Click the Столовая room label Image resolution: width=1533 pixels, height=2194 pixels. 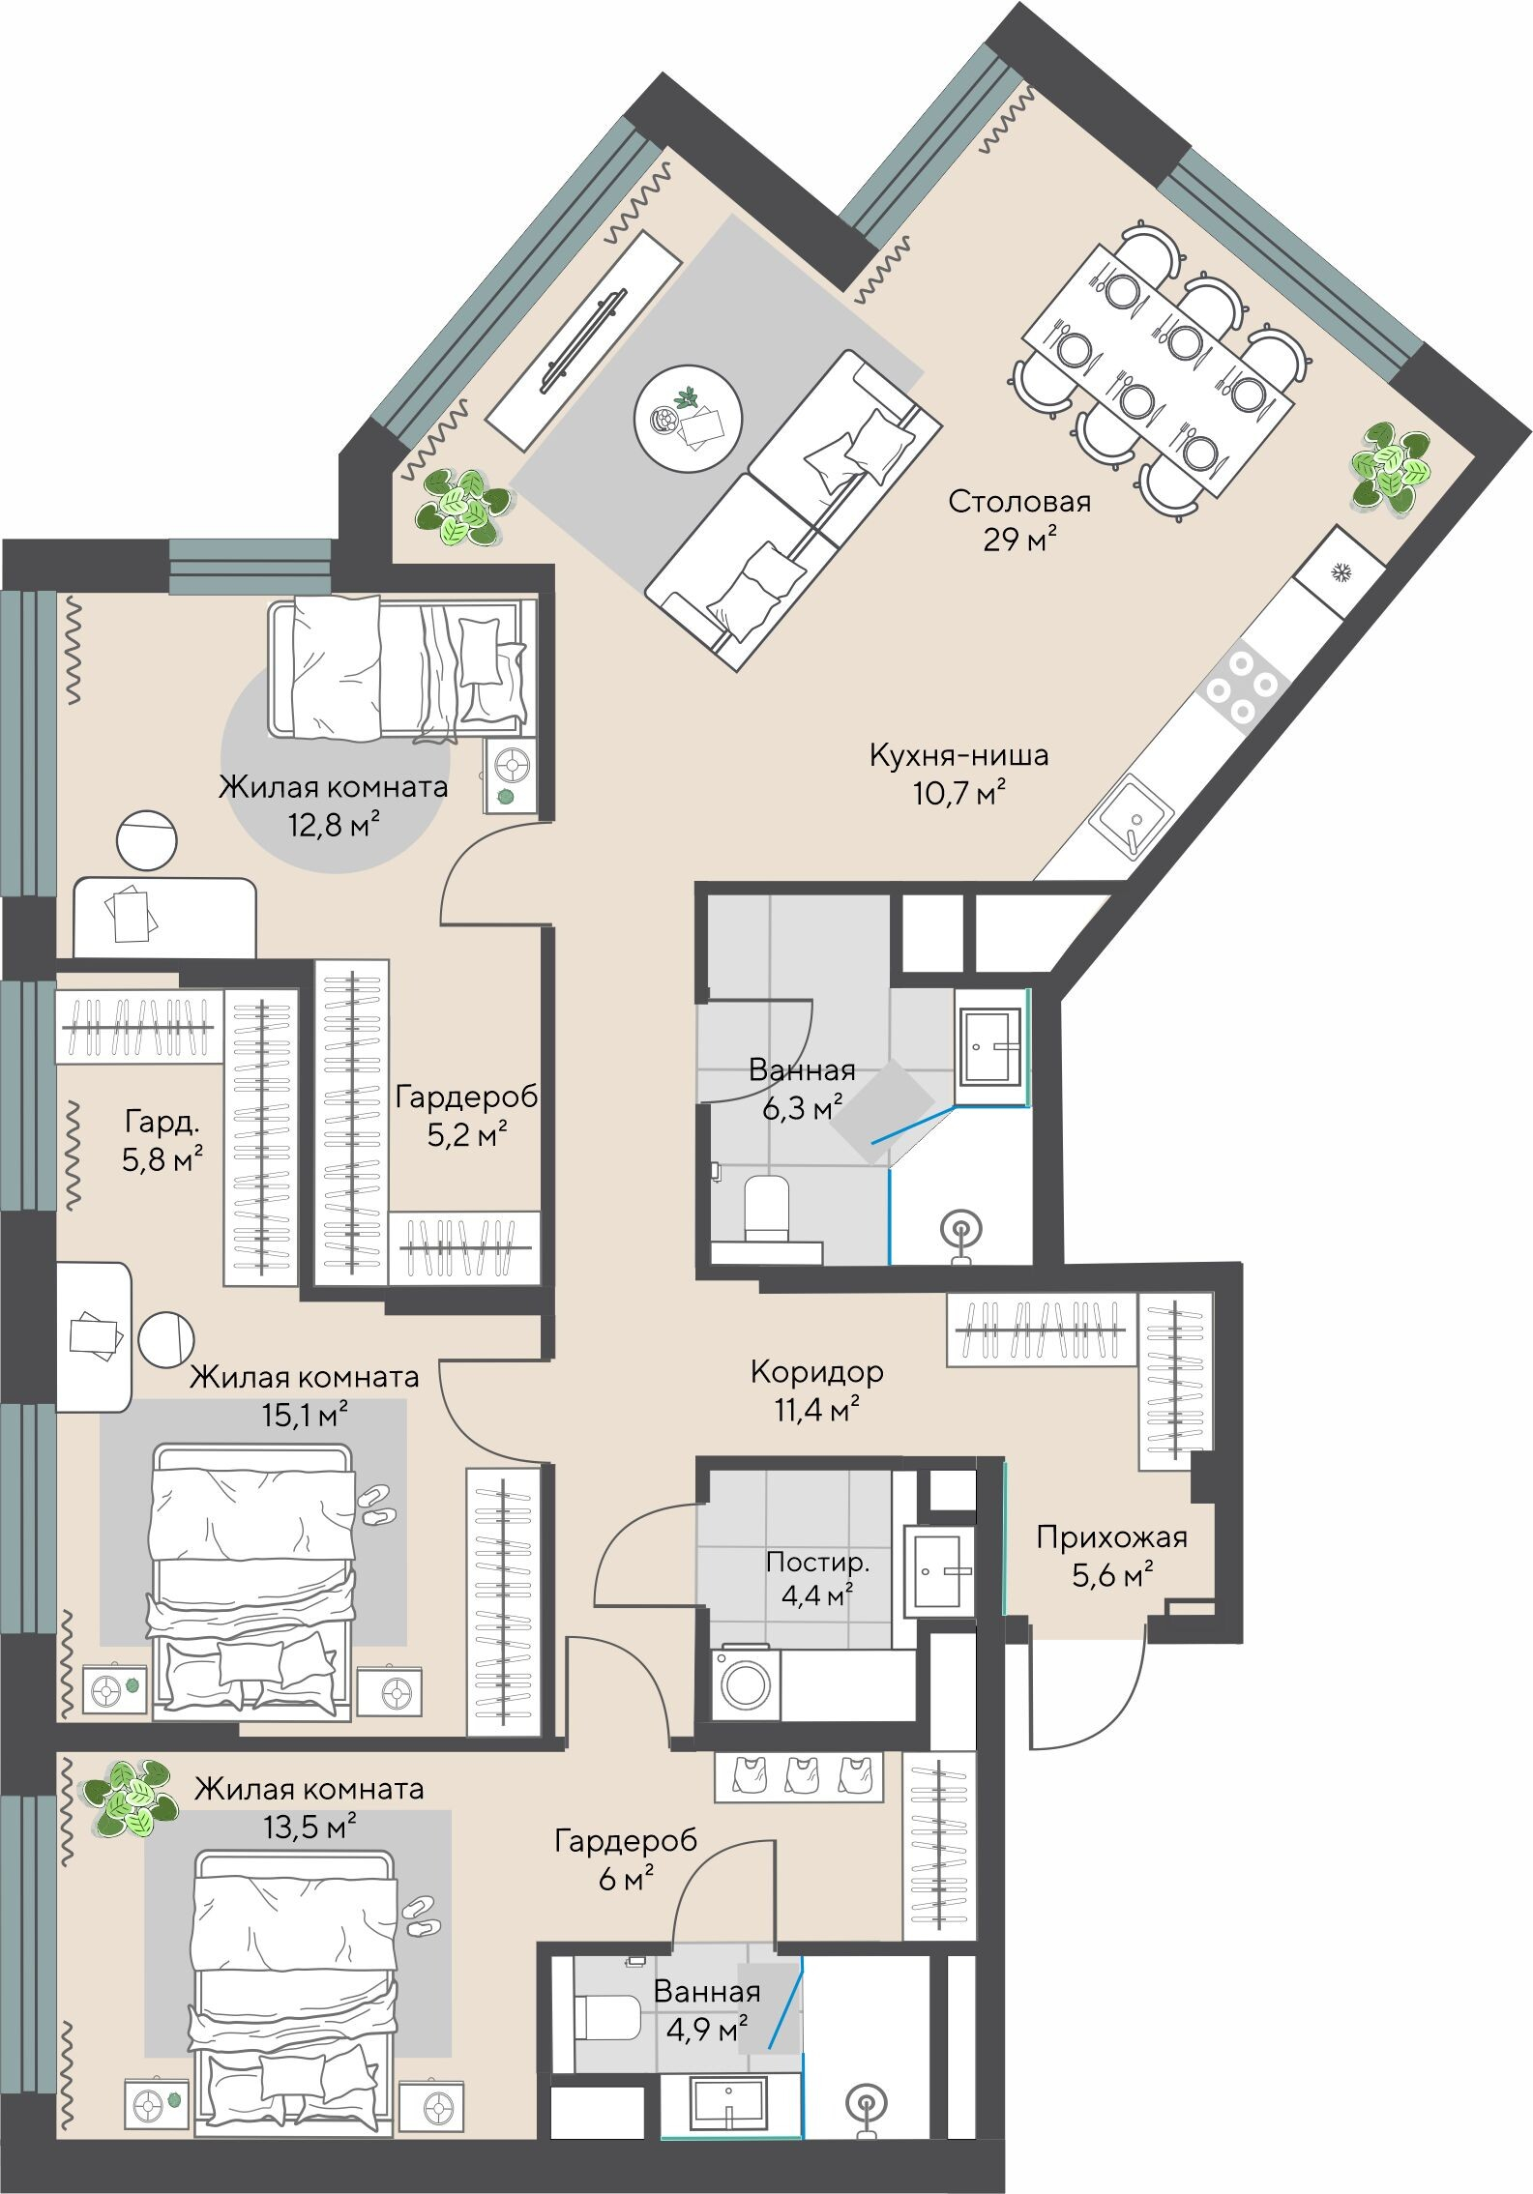(1019, 502)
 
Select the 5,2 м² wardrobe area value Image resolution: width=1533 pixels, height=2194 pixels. (467, 1133)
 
